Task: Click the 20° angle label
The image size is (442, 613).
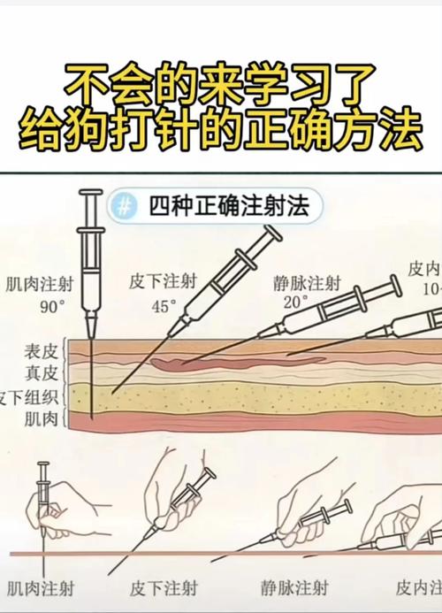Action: (294, 300)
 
